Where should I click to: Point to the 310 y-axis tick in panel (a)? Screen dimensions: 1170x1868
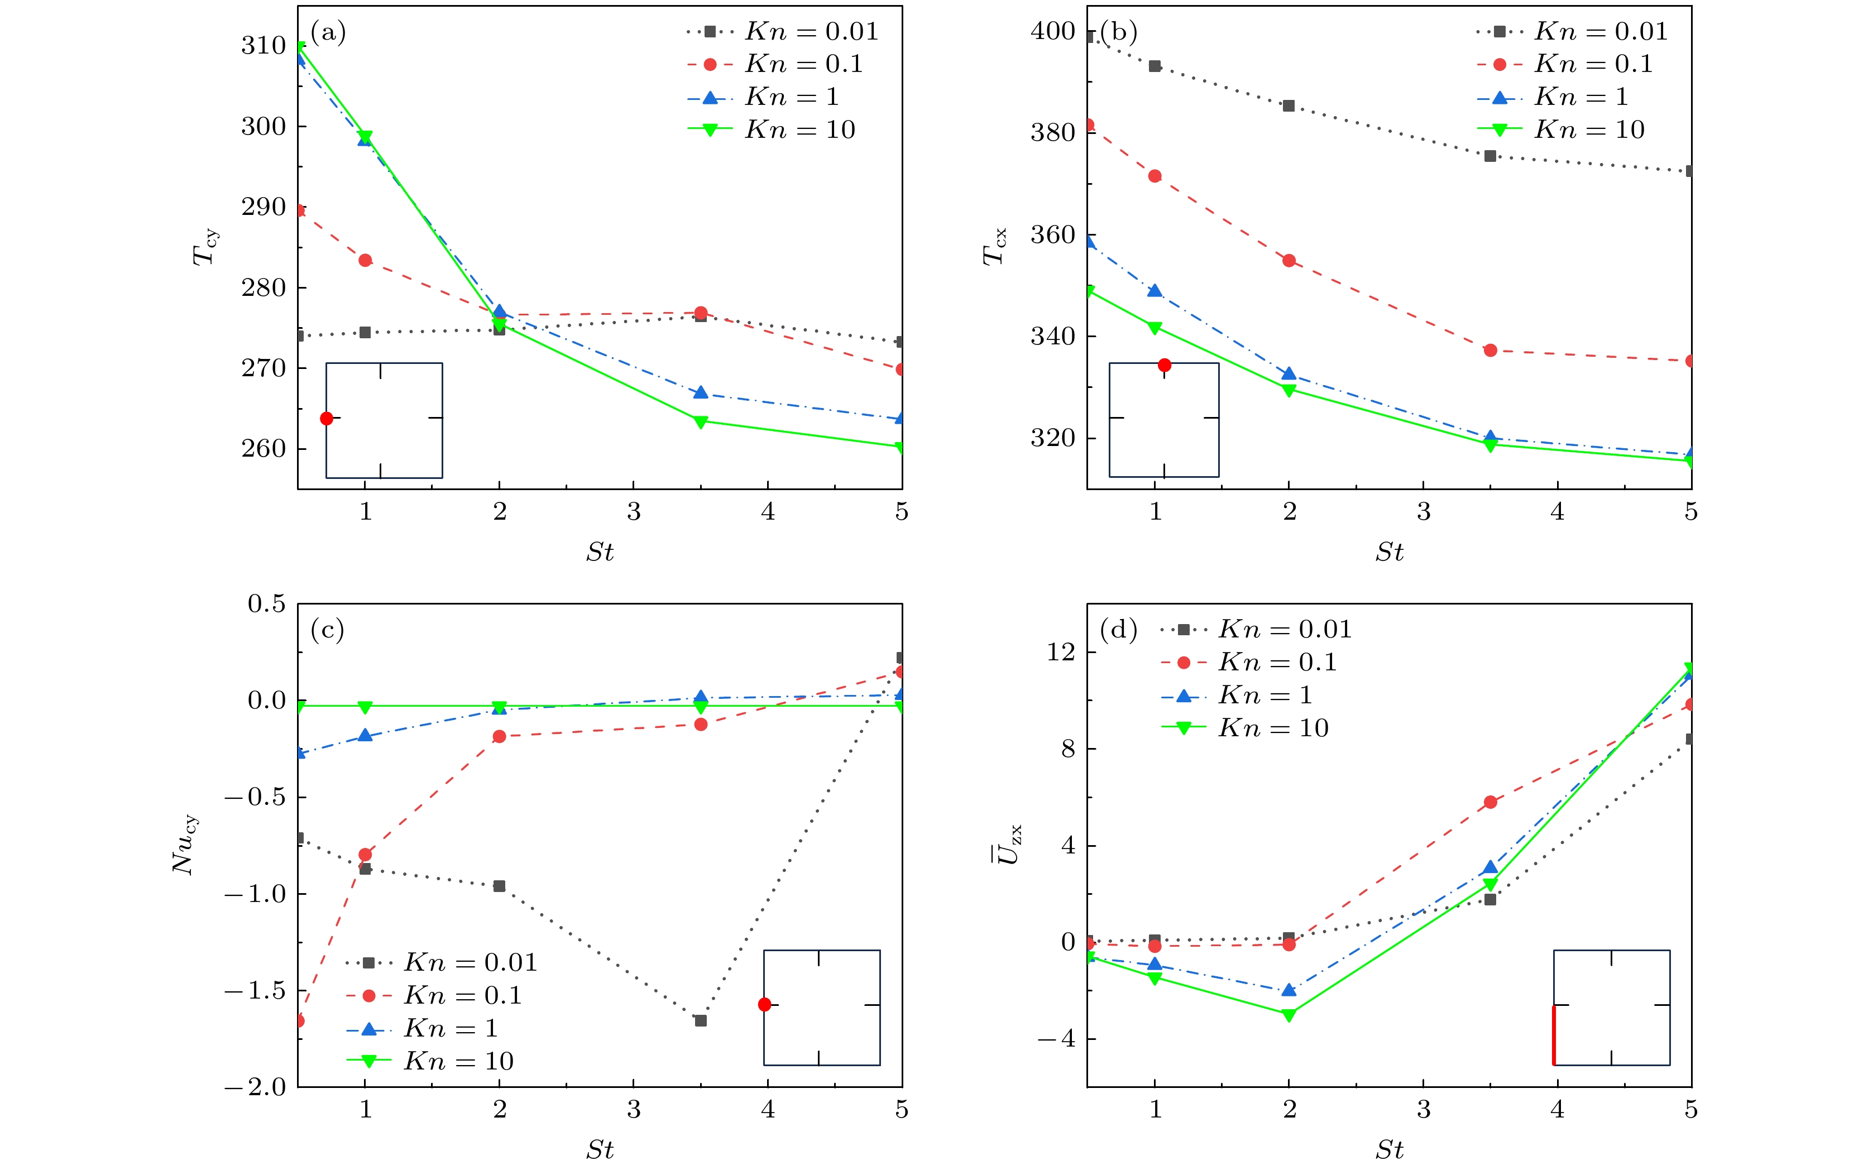(263, 46)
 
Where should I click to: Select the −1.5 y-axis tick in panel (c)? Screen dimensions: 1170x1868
(255, 990)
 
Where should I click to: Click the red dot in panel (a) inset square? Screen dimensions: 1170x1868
(327, 419)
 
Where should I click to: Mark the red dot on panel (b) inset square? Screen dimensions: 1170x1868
(1165, 365)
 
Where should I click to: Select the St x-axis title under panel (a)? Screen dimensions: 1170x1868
(600, 552)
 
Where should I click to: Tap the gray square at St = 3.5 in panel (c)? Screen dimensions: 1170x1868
(700, 1020)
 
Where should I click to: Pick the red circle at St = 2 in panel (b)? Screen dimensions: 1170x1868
(1289, 261)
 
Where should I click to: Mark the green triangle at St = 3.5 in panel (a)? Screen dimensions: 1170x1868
(700, 422)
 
